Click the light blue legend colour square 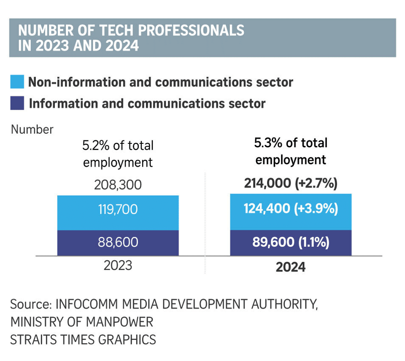(x=17, y=82)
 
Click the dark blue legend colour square (x=17, y=103)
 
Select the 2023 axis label (x=118, y=266)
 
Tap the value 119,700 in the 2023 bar (x=118, y=209)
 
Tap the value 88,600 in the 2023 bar (x=118, y=242)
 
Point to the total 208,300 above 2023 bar (x=118, y=185)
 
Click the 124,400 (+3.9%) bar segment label (x=291, y=209)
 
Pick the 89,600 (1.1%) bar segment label (x=291, y=242)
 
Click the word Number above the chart (x=32, y=129)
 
